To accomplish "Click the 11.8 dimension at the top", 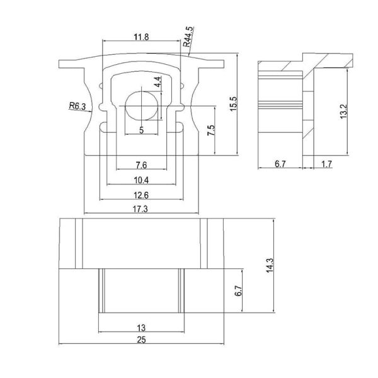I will (142, 37).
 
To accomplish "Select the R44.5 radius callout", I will (188, 37).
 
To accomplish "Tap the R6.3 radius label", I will (77, 106).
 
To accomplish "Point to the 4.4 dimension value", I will (157, 82).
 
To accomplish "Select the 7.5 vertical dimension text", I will (212, 131).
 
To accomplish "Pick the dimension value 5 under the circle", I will (142, 130).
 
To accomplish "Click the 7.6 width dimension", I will (142, 165).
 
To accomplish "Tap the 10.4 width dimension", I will (142, 180).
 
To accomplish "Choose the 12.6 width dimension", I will (142, 194).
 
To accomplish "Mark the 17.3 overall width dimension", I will (141, 209).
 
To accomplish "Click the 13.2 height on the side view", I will (343, 111).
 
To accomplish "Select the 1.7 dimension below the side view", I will (326, 164).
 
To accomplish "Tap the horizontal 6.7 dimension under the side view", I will (281, 164).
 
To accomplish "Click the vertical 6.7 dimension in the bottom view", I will (238, 290).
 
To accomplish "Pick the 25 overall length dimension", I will (142, 341).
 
